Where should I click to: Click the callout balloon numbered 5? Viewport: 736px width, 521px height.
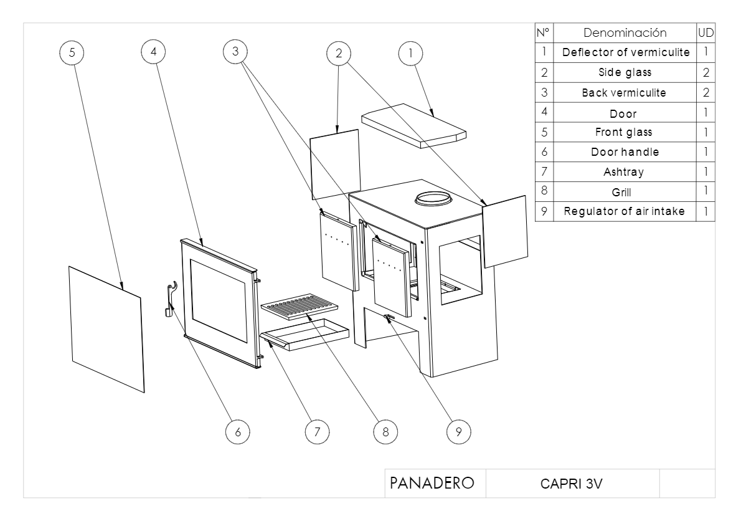coord(73,53)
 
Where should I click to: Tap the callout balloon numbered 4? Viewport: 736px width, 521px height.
coord(154,52)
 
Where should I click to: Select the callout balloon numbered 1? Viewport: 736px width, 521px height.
coord(410,54)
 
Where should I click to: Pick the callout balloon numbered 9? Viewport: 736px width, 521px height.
coord(459,431)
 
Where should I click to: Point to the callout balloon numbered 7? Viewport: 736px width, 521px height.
coord(316,431)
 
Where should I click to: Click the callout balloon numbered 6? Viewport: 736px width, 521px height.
coord(238,431)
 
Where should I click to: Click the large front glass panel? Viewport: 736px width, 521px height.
coord(106,328)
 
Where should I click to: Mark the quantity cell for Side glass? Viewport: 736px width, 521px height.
coord(705,72)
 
